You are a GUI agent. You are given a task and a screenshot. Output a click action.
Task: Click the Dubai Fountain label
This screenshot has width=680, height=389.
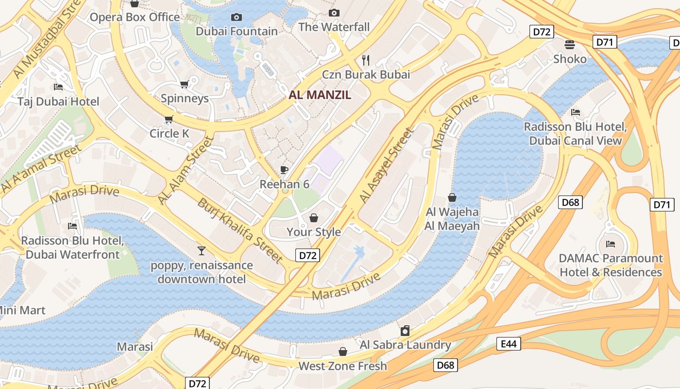click(x=237, y=32)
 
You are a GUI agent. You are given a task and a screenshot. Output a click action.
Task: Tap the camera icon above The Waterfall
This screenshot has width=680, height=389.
click(x=334, y=13)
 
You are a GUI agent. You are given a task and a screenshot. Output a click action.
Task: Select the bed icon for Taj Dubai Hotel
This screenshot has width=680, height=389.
click(x=58, y=87)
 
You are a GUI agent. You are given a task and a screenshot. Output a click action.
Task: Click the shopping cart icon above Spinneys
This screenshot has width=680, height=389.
click(x=184, y=85)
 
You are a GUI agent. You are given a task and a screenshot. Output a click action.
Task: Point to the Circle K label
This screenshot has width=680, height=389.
click(x=169, y=133)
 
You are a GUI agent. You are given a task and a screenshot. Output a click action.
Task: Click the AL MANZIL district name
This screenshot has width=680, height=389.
click(x=320, y=95)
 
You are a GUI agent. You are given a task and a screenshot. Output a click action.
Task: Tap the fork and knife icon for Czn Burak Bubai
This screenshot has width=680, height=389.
click(x=366, y=60)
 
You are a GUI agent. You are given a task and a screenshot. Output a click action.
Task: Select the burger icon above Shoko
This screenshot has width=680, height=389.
click(x=570, y=45)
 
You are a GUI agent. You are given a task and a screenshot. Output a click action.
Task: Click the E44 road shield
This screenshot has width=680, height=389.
click(x=509, y=344)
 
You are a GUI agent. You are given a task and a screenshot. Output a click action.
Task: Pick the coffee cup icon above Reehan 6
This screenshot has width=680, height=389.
click(x=284, y=170)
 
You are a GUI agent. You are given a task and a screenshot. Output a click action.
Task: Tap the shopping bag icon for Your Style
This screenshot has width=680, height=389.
click(x=314, y=217)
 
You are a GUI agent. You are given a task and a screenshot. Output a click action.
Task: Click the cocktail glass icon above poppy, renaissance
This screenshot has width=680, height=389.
click(x=202, y=251)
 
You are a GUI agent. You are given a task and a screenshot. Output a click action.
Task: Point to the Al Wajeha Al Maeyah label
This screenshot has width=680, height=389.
click(x=452, y=219)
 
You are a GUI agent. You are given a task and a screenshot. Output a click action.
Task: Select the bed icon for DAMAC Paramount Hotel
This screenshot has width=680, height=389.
click(x=611, y=244)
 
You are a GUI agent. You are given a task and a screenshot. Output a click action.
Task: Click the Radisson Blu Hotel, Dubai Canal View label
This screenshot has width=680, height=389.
click(x=575, y=134)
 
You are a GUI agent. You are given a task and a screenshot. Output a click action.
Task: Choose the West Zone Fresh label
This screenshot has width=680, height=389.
click(x=342, y=366)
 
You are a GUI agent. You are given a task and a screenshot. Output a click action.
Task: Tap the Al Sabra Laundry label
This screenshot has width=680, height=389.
click(x=405, y=345)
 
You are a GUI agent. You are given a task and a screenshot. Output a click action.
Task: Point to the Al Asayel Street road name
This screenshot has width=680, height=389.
click(x=387, y=166)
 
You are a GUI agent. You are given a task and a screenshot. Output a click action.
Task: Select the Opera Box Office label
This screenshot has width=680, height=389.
click(x=135, y=18)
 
